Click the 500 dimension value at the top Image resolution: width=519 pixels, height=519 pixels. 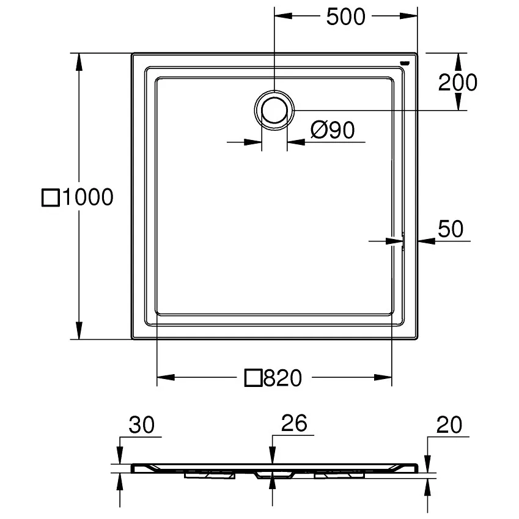click(x=345, y=17)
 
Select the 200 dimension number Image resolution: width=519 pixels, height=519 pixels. click(x=457, y=82)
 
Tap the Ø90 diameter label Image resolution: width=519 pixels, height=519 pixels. click(x=332, y=130)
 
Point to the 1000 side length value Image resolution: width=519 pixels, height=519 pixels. click(x=87, y=197)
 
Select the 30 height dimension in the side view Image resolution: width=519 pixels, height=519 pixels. click(x=142, y=424)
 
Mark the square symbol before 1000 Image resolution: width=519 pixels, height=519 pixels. click(x=51, y=197)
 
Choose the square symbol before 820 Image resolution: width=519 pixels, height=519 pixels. click(x=254, y=378)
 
